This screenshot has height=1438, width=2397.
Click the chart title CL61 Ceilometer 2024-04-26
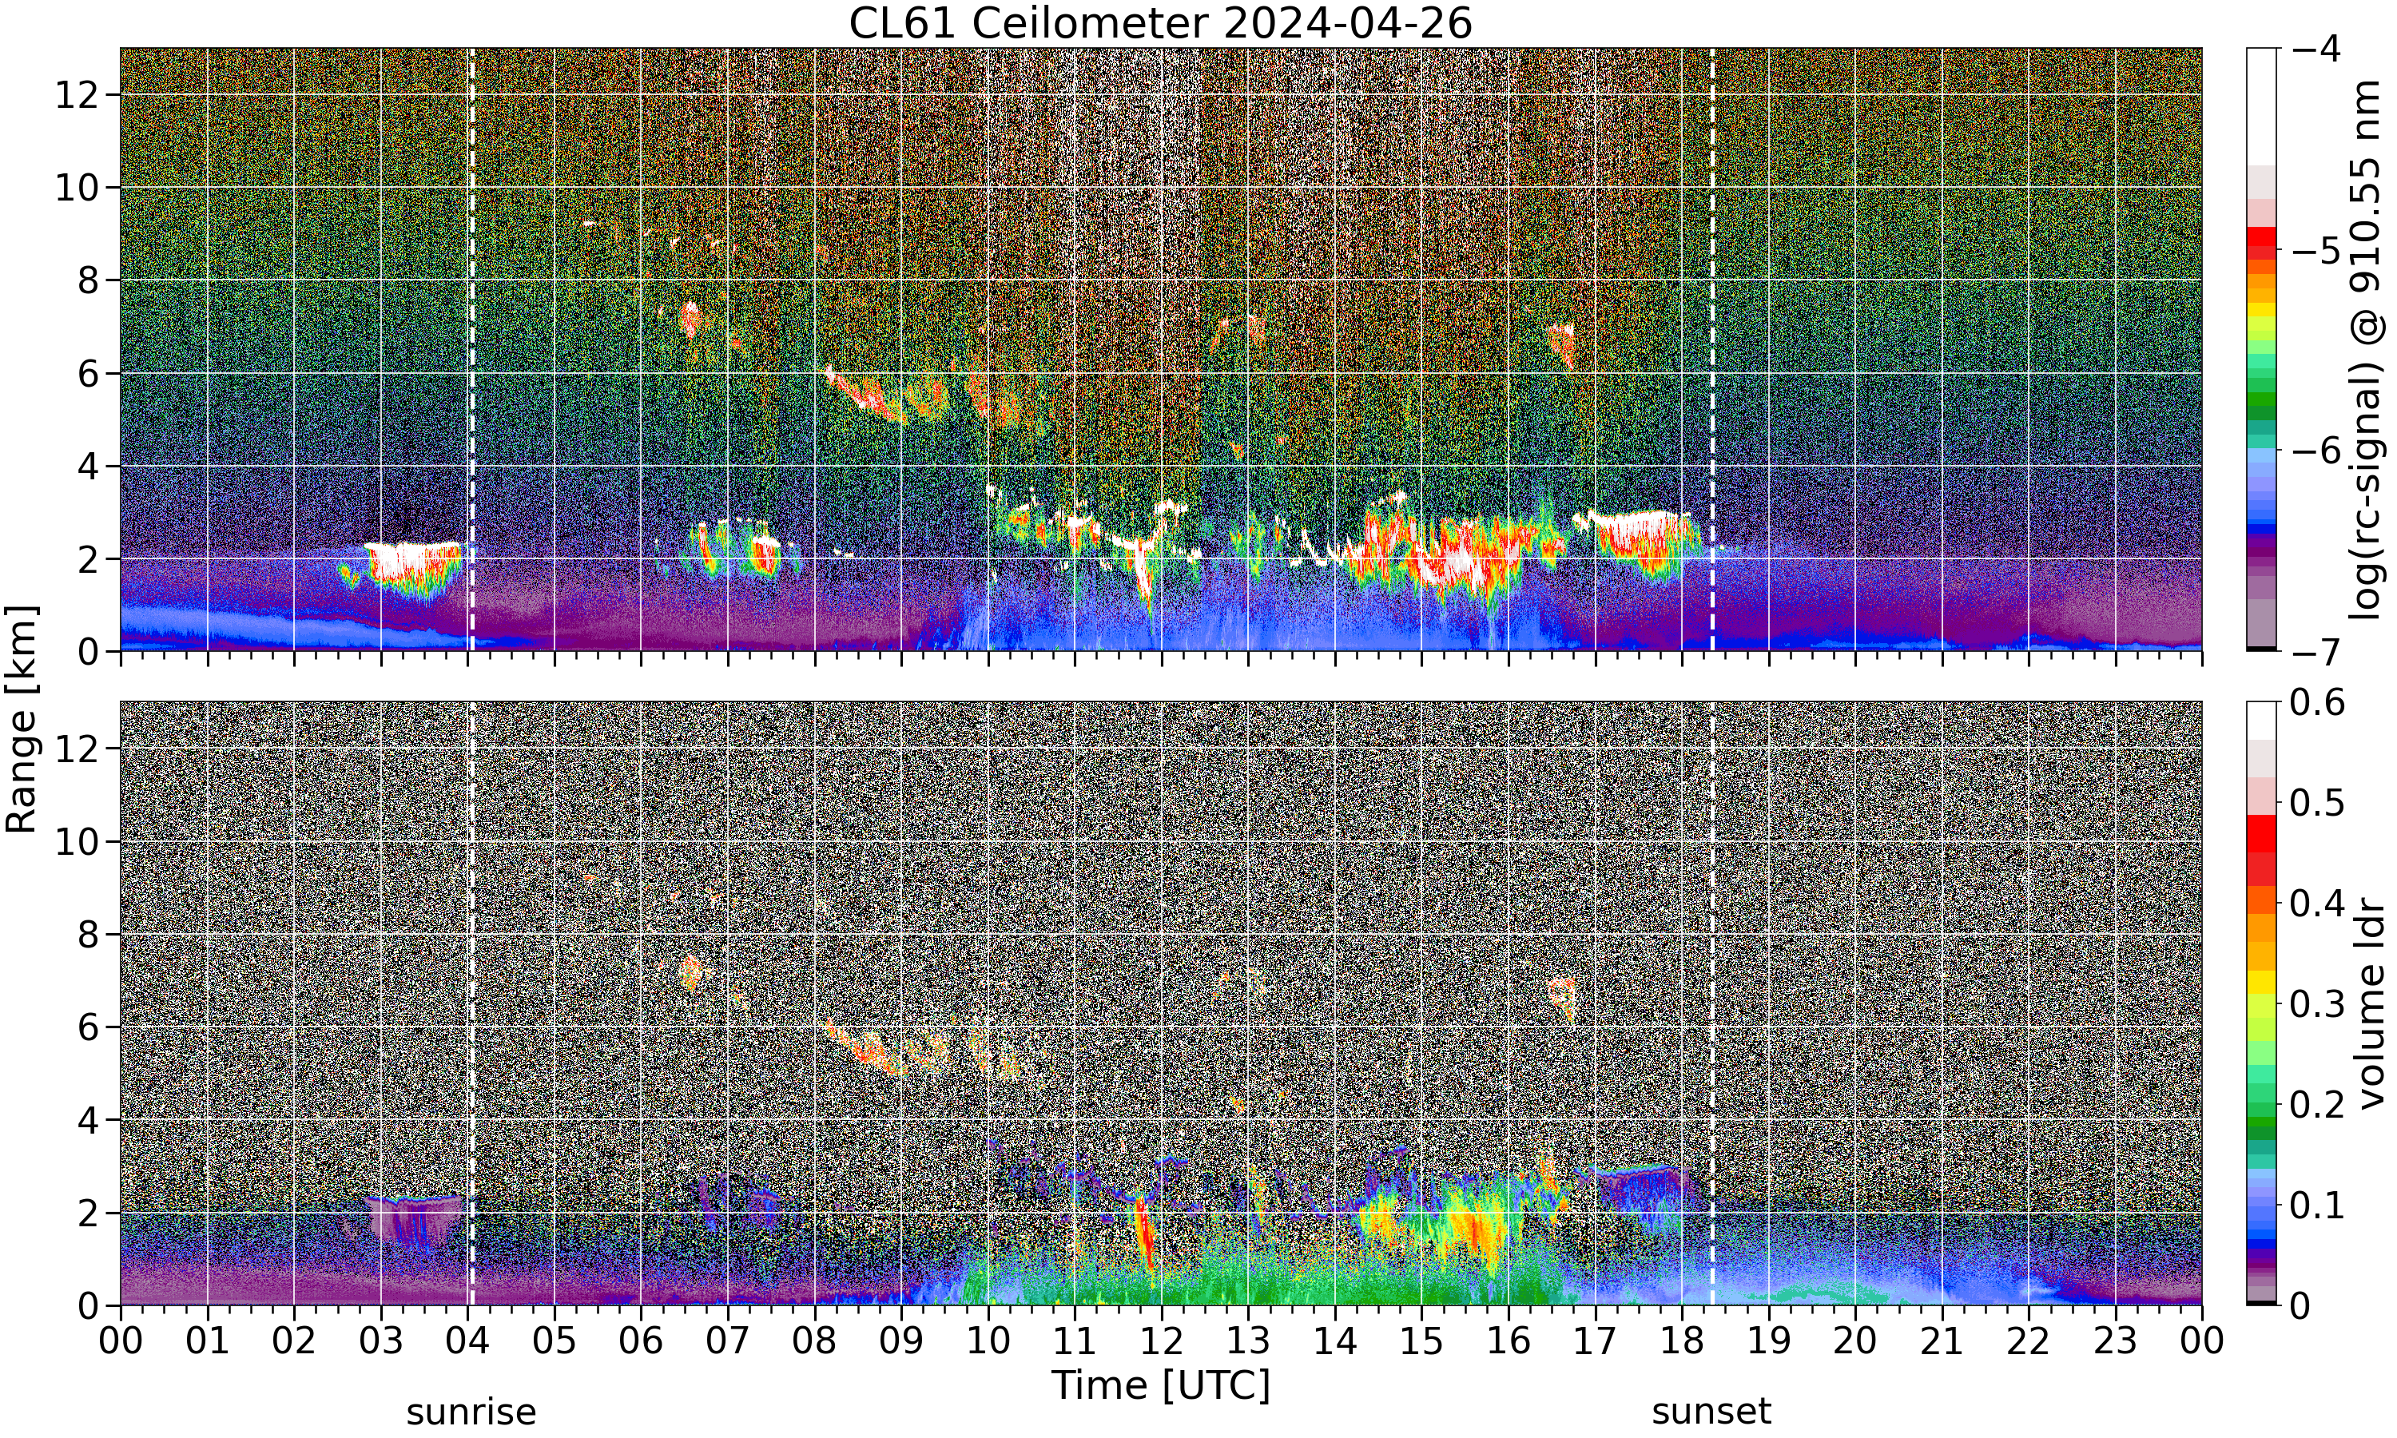[1159, 23]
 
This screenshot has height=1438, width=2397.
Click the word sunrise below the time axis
[471, 1412]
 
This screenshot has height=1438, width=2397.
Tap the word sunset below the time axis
[1711, 1412]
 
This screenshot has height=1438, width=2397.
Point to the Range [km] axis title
[22, 719]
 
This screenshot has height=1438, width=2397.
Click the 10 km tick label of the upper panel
[77, 187]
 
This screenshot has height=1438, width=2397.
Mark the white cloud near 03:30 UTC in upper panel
[414, 562]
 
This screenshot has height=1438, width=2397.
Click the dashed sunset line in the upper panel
[1712, 349]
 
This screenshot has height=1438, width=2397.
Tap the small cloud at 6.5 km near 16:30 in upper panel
[1561, 344]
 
